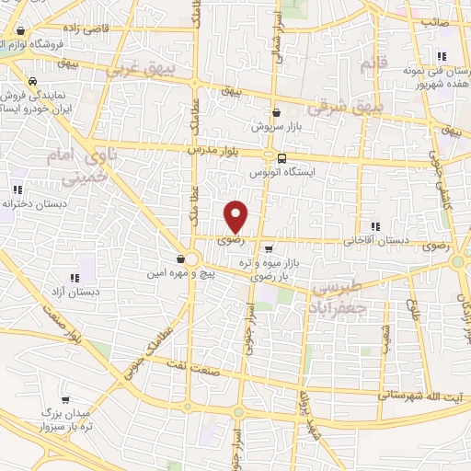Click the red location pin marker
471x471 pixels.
[236, 216]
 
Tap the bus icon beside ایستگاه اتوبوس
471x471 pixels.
[281, 157]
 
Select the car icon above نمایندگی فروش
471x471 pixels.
[33, 81]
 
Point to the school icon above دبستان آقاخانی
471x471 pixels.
[374, 226]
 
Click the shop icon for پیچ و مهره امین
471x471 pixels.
[181, 260]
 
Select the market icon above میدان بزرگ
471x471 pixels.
[65, 401]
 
